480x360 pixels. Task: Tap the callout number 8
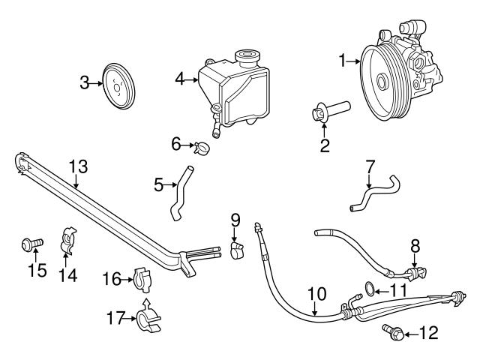415,245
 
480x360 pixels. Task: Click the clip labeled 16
143,279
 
